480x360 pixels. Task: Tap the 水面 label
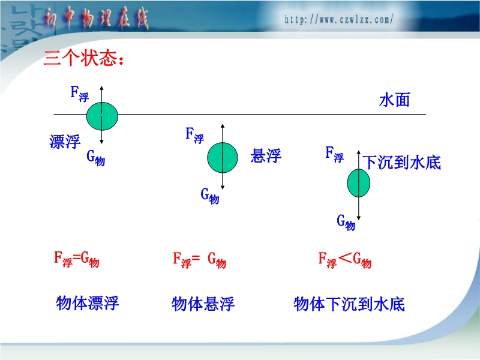(394, 100)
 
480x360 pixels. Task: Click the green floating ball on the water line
(102, 116)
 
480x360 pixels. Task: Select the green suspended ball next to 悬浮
(223, 158)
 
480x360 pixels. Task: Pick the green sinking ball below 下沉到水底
(358, 183)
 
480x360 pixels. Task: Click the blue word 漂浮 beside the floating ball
(65, 142)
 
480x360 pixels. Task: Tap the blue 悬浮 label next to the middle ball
(266, 155)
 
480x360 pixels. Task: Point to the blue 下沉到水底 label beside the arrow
(401, 162)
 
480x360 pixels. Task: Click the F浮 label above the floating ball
(80, 94)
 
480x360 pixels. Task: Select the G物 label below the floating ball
(95, 158)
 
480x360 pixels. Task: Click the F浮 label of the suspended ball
(194, 136)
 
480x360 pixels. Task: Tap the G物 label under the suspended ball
(209, 196)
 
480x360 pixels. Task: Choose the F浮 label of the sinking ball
(334, 154)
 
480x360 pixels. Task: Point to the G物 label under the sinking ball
(346, 222)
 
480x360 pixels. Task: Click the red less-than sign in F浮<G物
(345, 257)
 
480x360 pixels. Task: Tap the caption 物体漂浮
(88, 303)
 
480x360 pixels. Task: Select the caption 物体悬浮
(203, 304)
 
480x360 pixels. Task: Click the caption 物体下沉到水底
(349, 304)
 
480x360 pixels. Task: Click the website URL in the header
(338, 20)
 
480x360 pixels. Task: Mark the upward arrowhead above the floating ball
(101, 88)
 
